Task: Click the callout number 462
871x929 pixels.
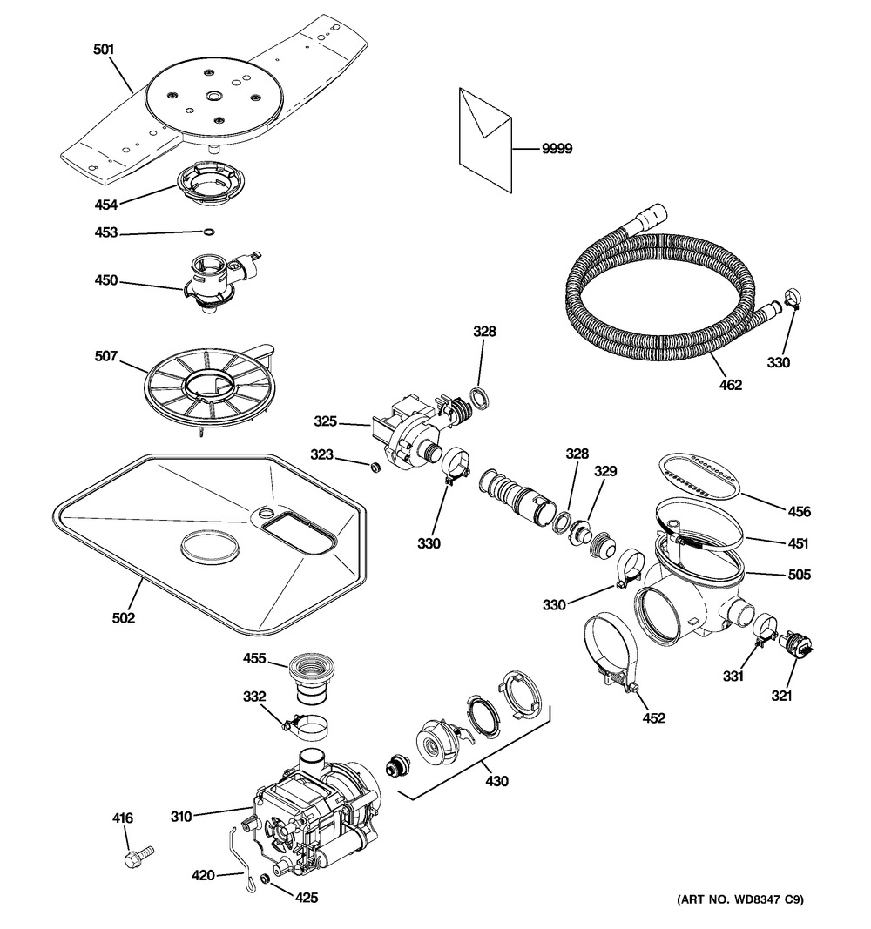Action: pos(730,385)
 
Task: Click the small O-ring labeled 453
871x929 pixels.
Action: pos(208,232)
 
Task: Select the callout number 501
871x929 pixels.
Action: pos(104,50)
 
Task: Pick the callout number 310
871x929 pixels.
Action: pos(180,816)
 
